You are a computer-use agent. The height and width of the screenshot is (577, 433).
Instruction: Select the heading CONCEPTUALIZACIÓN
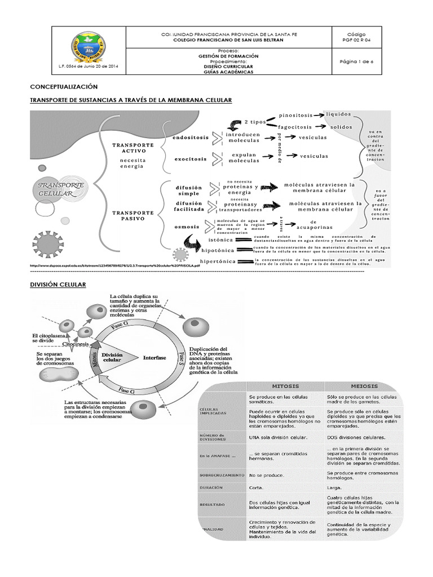(x=64, y=87)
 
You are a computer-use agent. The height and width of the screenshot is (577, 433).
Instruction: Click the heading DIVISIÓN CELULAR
(x=58, y=285)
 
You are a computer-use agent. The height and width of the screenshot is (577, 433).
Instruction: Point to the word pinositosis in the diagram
(x=296, y=116)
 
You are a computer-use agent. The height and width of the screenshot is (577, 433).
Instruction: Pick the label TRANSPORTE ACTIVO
(x=133, y=148)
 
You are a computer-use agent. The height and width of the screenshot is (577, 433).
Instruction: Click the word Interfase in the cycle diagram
(x=154, y=357)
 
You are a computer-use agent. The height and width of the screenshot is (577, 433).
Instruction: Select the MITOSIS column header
(x=285, y=386)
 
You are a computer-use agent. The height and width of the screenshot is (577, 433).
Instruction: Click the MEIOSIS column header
(x=364, y=386)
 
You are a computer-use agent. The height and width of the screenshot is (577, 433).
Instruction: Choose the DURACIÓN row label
(x=211, y=487)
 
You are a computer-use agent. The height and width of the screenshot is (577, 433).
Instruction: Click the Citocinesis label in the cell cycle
(x=75, y=343)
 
